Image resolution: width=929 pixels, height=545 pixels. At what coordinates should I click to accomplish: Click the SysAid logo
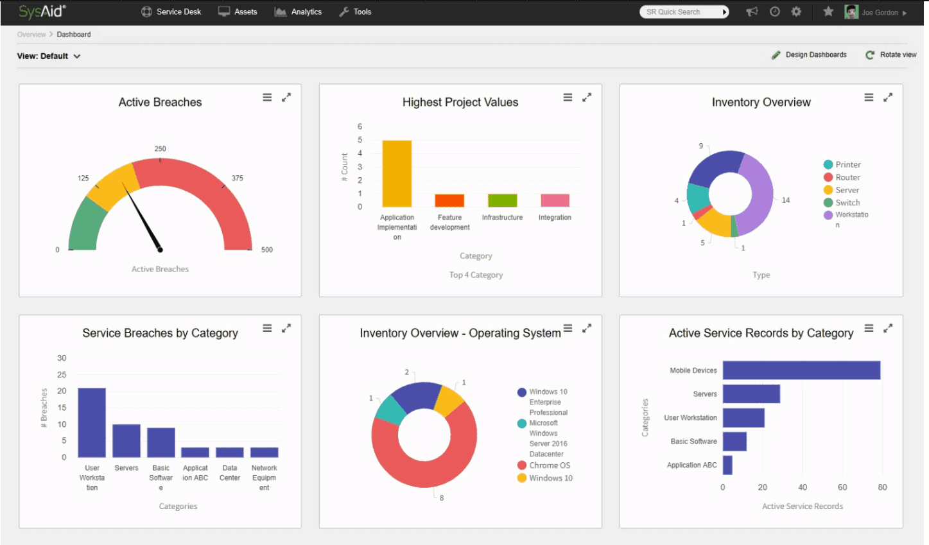click(x=42, y=11)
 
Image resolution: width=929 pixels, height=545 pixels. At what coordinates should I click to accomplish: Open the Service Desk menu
click(x=171, y=12)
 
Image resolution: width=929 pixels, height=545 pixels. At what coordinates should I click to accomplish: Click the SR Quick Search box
click(x=684, y=12)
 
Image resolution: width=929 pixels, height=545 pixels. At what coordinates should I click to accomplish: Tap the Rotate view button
click(x=891, y=55)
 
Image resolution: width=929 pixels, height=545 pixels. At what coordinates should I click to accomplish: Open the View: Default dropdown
click(x=49, y=56)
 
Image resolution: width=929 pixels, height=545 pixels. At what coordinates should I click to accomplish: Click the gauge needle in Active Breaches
click(x=142, y=216)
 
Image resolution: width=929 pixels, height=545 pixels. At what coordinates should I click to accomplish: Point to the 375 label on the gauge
click(x=238, y=178)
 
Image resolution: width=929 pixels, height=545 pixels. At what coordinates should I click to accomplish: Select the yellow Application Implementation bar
click(x=397, y=174)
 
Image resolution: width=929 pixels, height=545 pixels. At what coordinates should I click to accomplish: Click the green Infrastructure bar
click(x=502, y=200)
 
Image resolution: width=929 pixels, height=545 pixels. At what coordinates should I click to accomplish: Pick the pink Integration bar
click(x=555, y=200)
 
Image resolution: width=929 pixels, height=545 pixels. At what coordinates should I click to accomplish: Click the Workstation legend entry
click(x=846, y=219)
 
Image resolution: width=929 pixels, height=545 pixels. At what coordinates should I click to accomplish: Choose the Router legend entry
click(x=842, y=178)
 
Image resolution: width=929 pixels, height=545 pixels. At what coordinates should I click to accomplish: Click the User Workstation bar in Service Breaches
click(x=92, y=422)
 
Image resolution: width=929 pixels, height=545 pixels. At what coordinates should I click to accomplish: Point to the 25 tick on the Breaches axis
click(x=62, y=374)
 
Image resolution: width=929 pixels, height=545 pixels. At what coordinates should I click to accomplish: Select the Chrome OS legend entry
click(x=544, y=465)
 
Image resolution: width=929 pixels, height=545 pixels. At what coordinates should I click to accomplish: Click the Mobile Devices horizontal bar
click(x=801, y=370)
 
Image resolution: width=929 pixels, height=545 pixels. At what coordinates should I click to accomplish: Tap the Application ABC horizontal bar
click(x=727, y=465)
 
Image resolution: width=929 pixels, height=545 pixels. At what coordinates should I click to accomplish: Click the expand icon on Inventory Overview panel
click(x=888, y=98)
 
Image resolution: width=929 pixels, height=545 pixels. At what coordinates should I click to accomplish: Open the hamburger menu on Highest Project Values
click(x=568, y=98)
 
